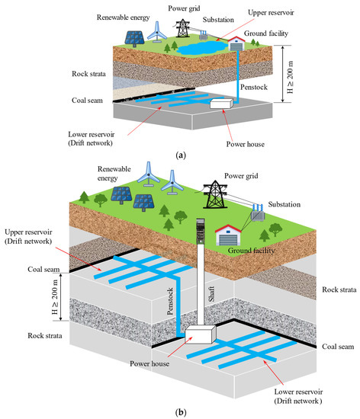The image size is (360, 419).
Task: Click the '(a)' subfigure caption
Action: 181,155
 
